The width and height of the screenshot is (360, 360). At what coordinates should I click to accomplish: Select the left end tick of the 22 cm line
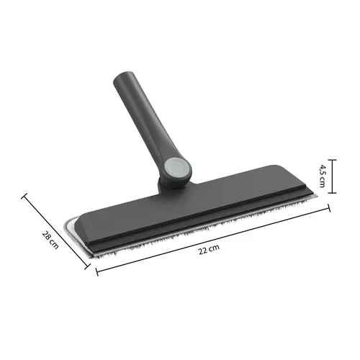point(96,271)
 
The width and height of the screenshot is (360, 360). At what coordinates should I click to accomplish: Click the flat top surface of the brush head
point(202,202)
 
